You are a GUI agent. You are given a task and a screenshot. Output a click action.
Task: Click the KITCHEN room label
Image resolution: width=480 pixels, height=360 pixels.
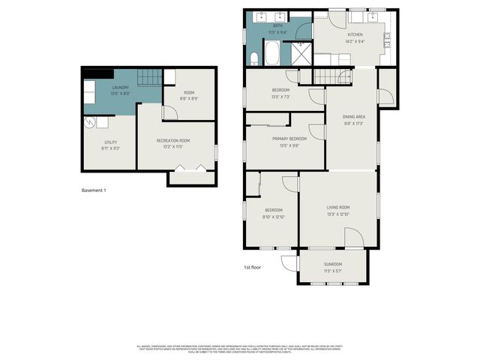coord(355,34)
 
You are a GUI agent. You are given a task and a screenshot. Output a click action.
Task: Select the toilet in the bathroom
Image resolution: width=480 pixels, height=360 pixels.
coord(253,58)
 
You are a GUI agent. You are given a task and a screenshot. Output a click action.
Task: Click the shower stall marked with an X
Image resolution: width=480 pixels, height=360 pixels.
coord(301,53)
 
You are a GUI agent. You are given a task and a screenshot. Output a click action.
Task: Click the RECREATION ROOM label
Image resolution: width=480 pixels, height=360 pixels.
coord(172,140)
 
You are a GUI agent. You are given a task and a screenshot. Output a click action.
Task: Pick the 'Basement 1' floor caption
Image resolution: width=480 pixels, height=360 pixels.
coord(94,190)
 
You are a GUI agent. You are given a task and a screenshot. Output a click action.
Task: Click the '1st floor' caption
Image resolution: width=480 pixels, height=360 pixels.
coord(252,268)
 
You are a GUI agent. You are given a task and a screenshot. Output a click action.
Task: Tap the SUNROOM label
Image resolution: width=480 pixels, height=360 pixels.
coord(332,264)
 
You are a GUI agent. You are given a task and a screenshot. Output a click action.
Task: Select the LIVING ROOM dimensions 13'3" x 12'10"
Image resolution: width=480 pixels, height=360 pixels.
coord(338,214)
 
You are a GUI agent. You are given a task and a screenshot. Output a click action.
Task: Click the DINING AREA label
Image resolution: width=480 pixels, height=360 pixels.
coord(353,116)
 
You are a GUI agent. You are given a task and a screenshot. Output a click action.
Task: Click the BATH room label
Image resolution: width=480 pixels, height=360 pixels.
coord(277,25)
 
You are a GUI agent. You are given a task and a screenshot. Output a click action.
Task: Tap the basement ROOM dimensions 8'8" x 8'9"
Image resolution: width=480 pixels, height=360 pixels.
coord(189,99)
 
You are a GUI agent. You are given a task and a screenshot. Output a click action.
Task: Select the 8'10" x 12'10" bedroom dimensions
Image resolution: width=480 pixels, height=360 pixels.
coord(273,217)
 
